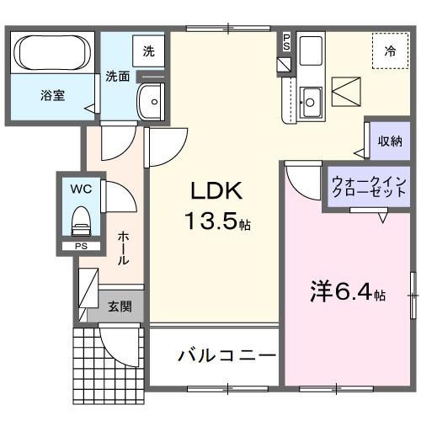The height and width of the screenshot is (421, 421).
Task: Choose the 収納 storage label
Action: click(389, 141)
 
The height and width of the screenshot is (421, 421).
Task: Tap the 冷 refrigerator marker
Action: click(390, 52)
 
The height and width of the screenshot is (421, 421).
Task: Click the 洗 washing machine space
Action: click(149, 51)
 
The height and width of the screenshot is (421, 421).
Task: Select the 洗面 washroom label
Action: click(118, 77)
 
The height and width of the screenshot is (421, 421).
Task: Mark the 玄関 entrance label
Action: click(120, 306)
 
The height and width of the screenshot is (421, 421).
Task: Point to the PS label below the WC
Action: click(81, 246)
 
